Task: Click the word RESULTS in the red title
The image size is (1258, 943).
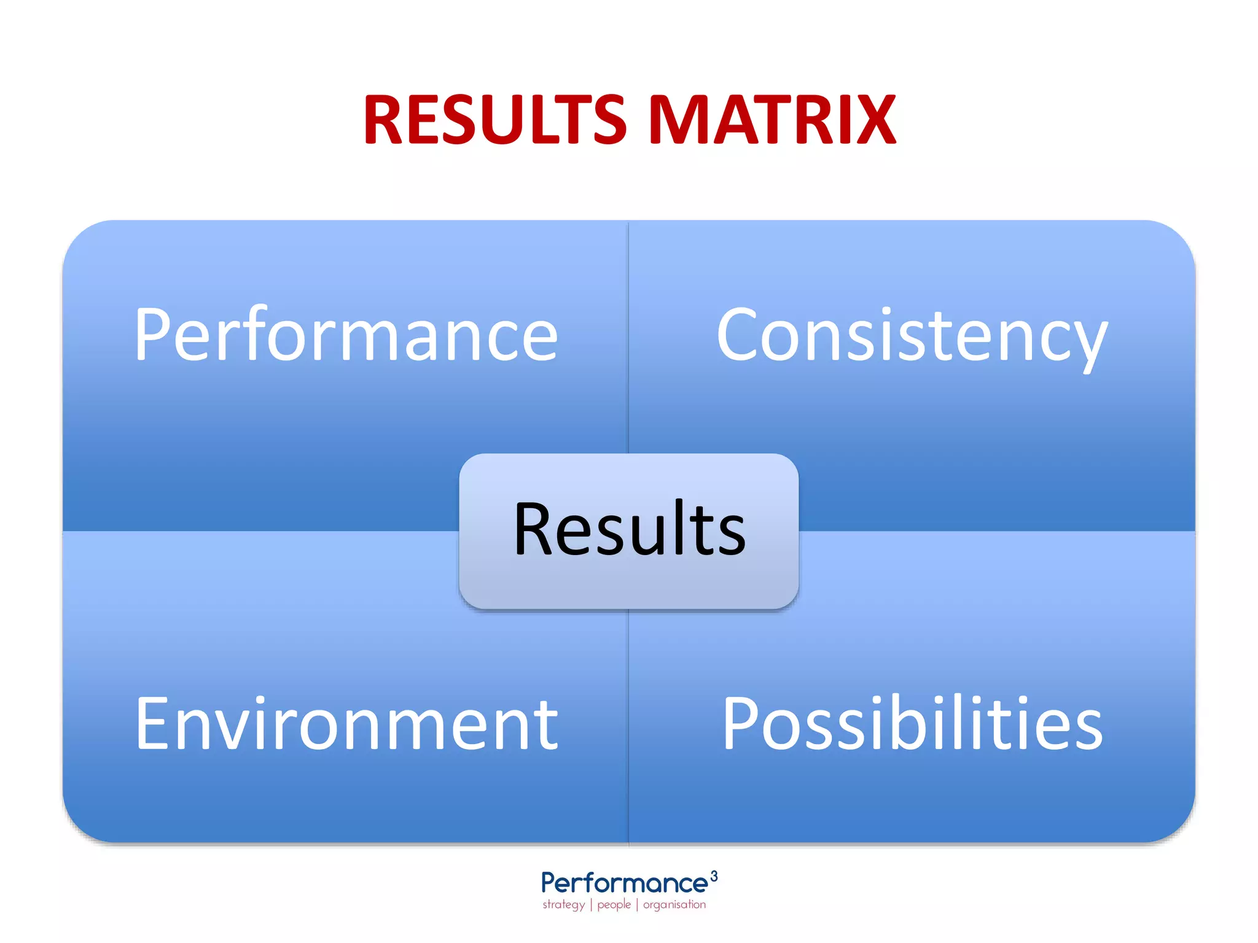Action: tap(495, 120)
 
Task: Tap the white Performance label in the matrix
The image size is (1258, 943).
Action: tap(346, 335)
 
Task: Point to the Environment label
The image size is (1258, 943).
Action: tap(346, 724)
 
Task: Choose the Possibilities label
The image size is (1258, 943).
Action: tap(912, 724)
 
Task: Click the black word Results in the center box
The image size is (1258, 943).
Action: tap(629, 529)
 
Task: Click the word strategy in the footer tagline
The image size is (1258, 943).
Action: tap(563, 905)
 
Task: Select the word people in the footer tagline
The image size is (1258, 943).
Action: tap(614, 905)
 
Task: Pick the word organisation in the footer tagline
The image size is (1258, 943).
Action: tap(674, 905)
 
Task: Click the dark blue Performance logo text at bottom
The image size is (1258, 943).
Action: tap(624, 884)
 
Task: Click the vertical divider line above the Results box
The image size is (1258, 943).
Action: tap(628, 338)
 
